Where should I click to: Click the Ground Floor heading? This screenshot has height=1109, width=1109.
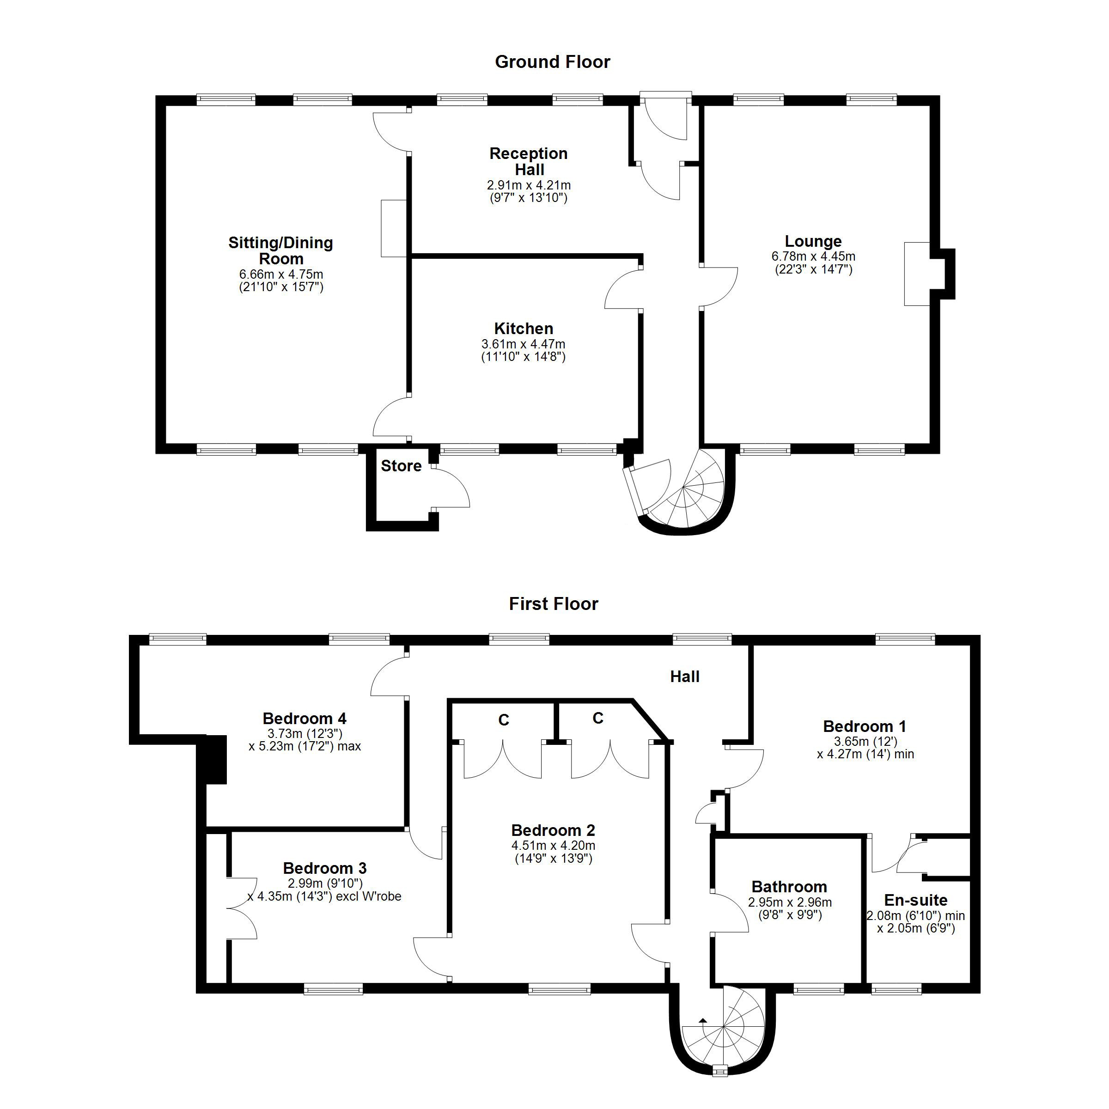tap(552, 62)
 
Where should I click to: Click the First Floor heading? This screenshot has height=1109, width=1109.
tap(554, 604)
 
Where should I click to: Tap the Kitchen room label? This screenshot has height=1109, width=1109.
tap(524, 329)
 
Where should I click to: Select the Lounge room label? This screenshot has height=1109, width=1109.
tap(813, 241)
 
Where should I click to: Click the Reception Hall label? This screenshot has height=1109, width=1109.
tap(529, 161)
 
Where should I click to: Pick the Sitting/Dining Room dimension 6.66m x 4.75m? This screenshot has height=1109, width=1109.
tap(281, 274)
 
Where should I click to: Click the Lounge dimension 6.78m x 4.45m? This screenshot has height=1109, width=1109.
tap(813, 256)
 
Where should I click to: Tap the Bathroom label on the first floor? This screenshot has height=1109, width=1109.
tap(789, 887)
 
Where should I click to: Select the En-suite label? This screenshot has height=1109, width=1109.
tap(915, 900)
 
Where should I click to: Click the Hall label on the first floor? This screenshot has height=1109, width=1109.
tap(685, 677)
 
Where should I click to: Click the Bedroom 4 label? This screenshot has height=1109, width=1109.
tap(305, 718)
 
